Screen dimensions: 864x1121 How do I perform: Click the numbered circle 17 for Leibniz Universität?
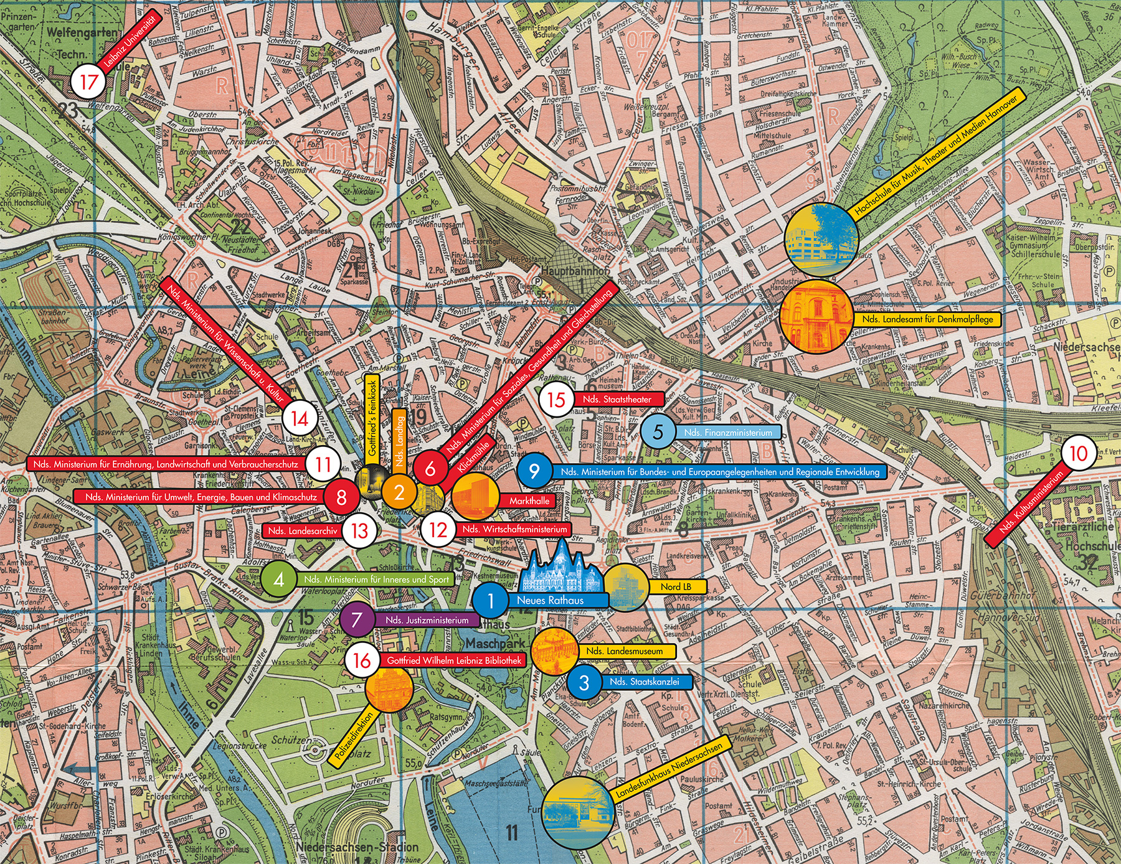tap(89, 82)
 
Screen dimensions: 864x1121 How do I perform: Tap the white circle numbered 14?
tap(300, 418)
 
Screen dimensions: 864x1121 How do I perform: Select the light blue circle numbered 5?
tap(658, 432)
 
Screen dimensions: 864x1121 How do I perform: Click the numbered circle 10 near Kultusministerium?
tap(1078, 454)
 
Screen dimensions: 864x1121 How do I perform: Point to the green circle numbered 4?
tap(278, 580)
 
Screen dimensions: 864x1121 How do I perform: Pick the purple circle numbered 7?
tap(356, 620)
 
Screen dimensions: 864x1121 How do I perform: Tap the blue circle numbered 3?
tap(584, 682)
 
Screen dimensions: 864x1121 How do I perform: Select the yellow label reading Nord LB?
tap(676, 586)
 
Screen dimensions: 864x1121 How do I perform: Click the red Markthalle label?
tap(529, 500)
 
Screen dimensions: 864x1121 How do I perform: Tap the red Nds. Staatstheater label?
tap(617, 399)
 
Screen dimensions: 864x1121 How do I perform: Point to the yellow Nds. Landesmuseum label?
tap(625, 651)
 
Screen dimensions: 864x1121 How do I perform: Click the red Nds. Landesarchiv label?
tap(303, 531)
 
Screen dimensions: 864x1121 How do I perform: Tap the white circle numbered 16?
tap(362, 660)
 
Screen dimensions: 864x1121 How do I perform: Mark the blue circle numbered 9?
tap(534, 471)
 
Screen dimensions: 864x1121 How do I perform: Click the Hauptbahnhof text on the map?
tap(575, 271)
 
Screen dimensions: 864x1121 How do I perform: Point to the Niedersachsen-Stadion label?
tap(357, 847)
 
